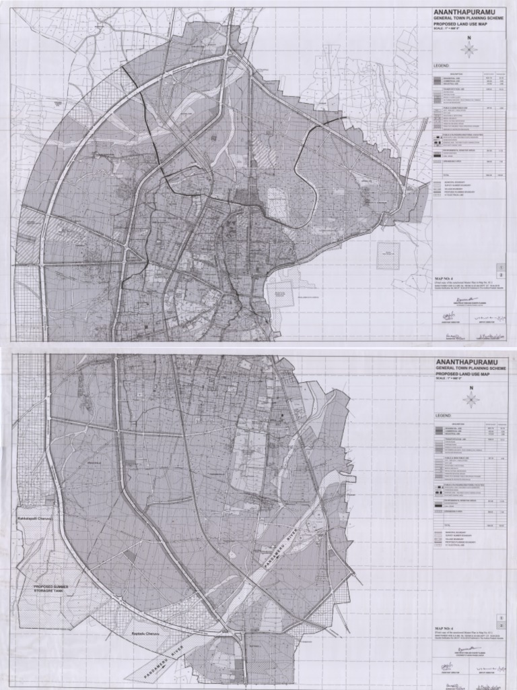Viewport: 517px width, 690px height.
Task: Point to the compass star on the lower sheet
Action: click(471, 400)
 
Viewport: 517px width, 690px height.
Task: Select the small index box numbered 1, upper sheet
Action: click(502, 267)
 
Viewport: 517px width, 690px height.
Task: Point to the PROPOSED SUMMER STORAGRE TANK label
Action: click(52, 590)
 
